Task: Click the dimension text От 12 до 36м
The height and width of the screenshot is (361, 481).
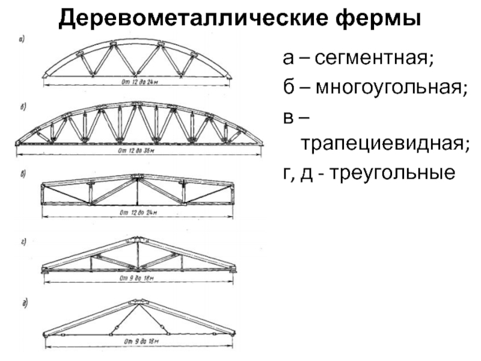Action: tap(138, 150)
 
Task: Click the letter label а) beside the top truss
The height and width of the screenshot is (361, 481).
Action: tap(22, 41)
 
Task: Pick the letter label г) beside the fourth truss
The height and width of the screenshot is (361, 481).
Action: tap(22, 242)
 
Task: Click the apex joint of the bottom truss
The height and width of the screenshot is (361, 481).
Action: tap(137, 303)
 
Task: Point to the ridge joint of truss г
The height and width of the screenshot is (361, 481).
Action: tap(138, 240)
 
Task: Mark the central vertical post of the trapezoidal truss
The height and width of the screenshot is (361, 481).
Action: tap(138, 191)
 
